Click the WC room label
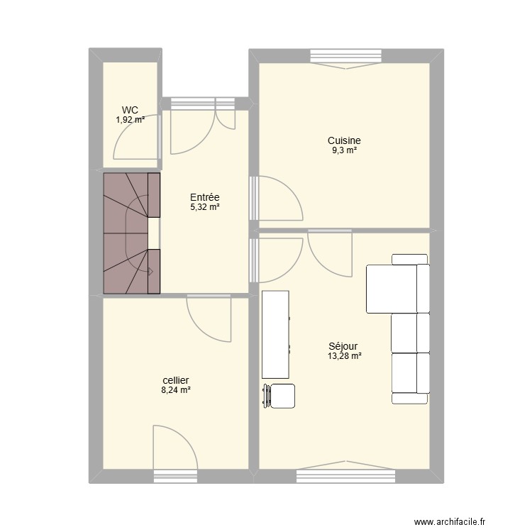(130, 110)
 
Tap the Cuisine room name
(344, 140)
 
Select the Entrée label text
(204, 197)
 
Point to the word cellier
(176, 380)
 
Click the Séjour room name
(343, 346)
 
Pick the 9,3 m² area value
(344, 150)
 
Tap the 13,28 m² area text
(344, 356)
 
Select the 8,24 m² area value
(176, 390)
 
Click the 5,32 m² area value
(204, 207)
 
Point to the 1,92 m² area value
(131, 119)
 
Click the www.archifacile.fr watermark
(450, 512)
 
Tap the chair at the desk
(279, 396)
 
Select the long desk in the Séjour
(276, 334)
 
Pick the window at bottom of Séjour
(345, 473)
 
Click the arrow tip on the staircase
(153, 272)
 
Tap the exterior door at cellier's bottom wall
(175, 451)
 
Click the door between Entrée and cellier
(209, 318)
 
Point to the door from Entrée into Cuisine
(276, 198)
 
